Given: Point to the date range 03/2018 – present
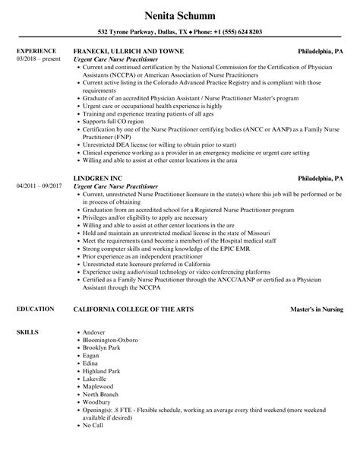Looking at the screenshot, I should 36,59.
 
